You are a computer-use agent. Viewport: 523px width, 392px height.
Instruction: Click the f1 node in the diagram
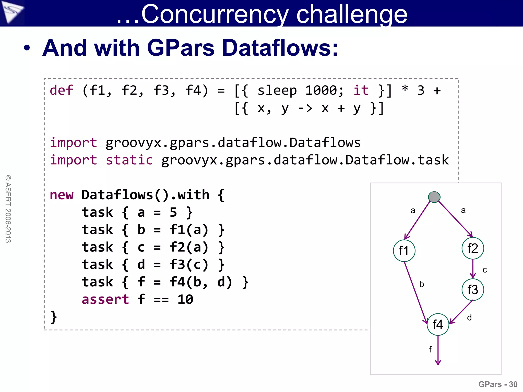(x=404, y=251)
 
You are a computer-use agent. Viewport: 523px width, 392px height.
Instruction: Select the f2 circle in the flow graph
(x=473, y=248)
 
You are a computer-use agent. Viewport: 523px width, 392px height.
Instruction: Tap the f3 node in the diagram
(x=473, y=290)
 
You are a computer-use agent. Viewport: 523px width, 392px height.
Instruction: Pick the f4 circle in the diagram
(x=438, y=324)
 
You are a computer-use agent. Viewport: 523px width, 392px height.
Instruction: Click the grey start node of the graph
(x=434, y=197)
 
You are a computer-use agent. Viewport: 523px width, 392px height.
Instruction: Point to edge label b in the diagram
(x=422, y=284)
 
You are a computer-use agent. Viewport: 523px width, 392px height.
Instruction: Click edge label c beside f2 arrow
(x=485, y=270)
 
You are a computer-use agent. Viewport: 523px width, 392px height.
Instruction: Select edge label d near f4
(x=469, y=317)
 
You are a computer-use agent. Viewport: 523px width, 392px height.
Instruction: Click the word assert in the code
(x=105, y=299)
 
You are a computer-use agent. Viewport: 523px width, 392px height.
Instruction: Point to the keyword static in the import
(x=129, y=160)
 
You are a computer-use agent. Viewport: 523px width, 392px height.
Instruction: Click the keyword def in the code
(x=61, y=90)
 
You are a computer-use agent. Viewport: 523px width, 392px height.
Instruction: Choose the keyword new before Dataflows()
(x=62, y=195)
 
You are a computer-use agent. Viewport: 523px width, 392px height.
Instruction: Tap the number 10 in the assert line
(x=185, y=299)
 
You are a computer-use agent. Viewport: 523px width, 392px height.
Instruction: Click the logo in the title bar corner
(x=12, y=12)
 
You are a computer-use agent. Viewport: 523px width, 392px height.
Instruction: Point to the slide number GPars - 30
(x=498, y=384)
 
